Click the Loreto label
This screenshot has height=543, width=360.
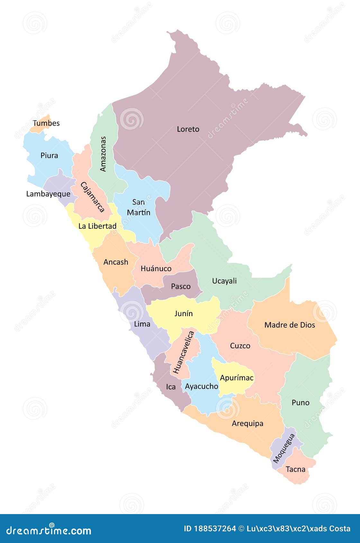[x=188, y=129]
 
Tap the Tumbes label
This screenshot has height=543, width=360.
[x=46, y=123]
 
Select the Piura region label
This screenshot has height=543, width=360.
[x=49, y=156]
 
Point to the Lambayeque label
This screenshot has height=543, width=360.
[x=48, y=194]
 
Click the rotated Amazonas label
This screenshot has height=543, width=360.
[x=103, y=154]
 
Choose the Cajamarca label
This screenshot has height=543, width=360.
[x=93, y=197]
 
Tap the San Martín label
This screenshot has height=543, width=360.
[x=139, y=207]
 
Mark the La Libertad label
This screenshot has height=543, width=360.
[x=97, y=226]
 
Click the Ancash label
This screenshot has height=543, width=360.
[x=116, y=262]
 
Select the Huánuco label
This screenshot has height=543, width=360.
[x=156, y=269]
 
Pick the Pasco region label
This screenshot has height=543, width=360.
[x=181, y=286]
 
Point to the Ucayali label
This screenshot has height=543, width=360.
[x=224, y=281]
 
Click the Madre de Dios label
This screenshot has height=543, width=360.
[x=290, y=325]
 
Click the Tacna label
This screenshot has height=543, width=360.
[x=295, y=469]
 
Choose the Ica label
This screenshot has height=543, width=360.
[x=171, y=387]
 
